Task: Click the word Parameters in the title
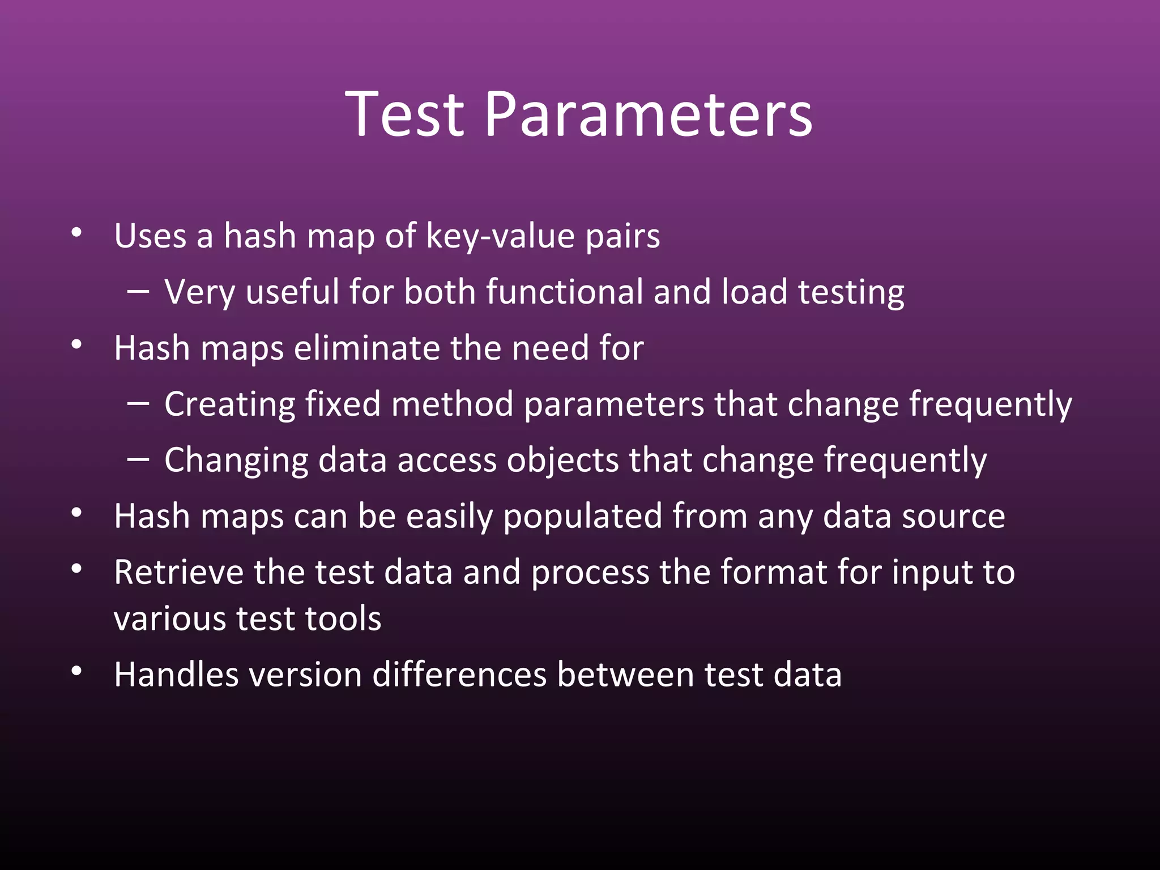649,115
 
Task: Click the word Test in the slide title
404,115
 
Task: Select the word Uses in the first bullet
150,236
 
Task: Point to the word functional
564,292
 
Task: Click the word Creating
229,405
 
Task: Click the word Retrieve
178,572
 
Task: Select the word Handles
176,675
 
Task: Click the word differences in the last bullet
459,675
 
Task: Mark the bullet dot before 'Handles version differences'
77,672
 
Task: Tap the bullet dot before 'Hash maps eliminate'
77,344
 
